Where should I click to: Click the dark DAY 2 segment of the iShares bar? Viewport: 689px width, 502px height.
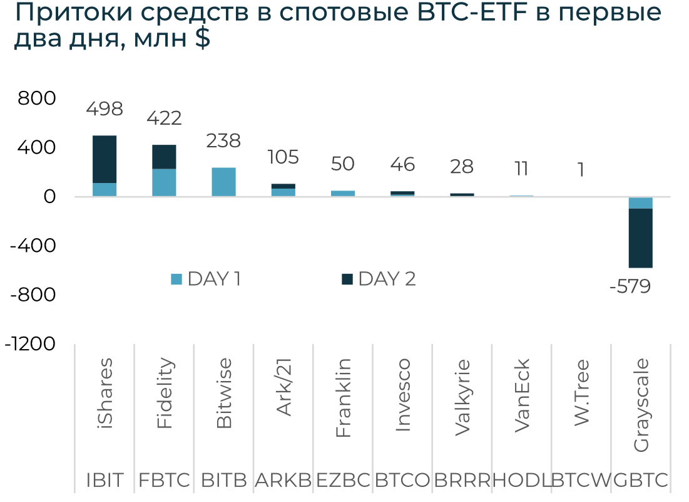click(105, 159)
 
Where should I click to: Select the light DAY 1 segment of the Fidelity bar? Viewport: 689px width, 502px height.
click(164, 182)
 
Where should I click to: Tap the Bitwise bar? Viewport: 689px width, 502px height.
click(223, 182)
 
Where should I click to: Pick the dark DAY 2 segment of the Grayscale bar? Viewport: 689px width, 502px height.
click(640, 238)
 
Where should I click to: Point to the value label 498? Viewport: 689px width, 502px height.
click(105, 108)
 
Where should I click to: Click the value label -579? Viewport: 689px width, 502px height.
click(630, 287)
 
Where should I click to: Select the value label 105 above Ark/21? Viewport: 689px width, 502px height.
click(283, 157)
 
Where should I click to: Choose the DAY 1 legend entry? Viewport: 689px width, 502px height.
click(207, 279)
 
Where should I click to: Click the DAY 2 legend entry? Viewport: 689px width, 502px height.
click(379, 279)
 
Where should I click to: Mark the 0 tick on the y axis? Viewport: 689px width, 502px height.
click(49, 197)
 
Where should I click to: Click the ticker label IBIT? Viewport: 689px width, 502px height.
click(105, 481)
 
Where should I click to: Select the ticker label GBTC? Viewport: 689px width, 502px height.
click(640, 481)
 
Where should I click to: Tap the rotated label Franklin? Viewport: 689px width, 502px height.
click(343, 398)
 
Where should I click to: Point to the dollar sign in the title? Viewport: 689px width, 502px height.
click(202, 39)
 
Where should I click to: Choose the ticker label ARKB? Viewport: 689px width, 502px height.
click(283, 481)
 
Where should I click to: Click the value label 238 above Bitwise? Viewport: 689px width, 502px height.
click(223, 140)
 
